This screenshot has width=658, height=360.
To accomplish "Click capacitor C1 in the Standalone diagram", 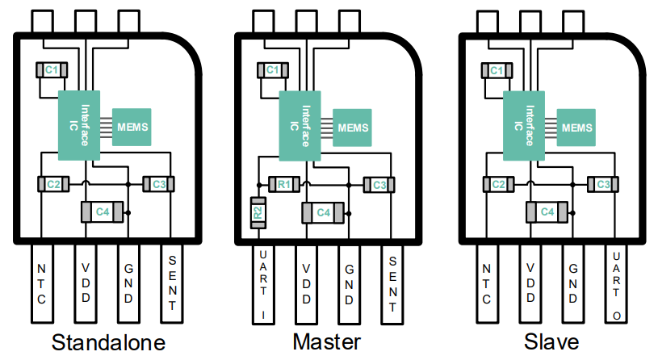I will [x=51, y=71].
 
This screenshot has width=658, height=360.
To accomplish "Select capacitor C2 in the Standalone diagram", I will [x=53, y=185].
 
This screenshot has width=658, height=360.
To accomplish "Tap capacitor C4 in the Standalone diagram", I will [x=103, y=211].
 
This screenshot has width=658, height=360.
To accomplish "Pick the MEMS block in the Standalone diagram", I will [x=132, y=127].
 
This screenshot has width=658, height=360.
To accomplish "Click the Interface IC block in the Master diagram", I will [x=298, y=126].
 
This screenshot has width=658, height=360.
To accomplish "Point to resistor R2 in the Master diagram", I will [x=258, y=213].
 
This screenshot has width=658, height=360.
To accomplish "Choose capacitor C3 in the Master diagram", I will [x=379, y=185].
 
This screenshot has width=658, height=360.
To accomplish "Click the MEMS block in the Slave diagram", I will [x=576, y=128].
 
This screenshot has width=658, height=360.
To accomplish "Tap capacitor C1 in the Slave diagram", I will [x=496, y=71].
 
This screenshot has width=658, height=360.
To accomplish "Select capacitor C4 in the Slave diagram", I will [x=547, y=211].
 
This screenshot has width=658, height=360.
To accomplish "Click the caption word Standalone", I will [x=108, y=342].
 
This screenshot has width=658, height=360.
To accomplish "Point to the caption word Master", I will [x=326, y=342].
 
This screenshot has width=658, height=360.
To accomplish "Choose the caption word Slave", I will [x=551, y=342].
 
